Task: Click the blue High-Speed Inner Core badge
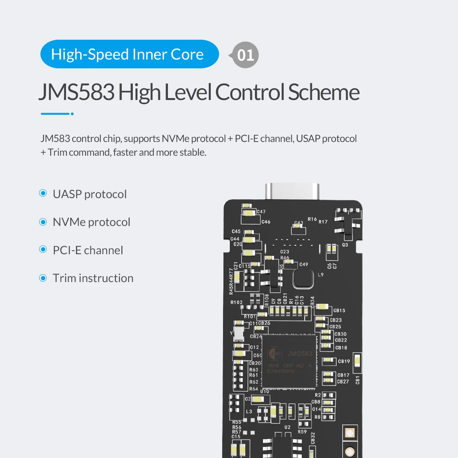coord(129,54)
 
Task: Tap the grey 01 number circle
coord(245,55)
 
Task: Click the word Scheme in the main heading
coord(324,92)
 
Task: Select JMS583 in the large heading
coord(77,92)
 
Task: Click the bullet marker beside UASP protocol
coord(43,194)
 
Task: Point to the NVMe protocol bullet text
coord(91,222)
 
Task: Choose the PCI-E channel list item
coord(88,250)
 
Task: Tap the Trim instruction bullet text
coord(93,278)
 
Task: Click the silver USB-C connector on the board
coord(292,191)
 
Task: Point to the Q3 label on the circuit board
coord(345,245)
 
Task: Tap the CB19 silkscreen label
coord(344,361)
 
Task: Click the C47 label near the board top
coord(261,211)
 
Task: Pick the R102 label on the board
coord(236,302)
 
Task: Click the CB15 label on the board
coord(339,310)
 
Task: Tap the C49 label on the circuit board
coord(303,264)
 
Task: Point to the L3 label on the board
coord(249,411)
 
